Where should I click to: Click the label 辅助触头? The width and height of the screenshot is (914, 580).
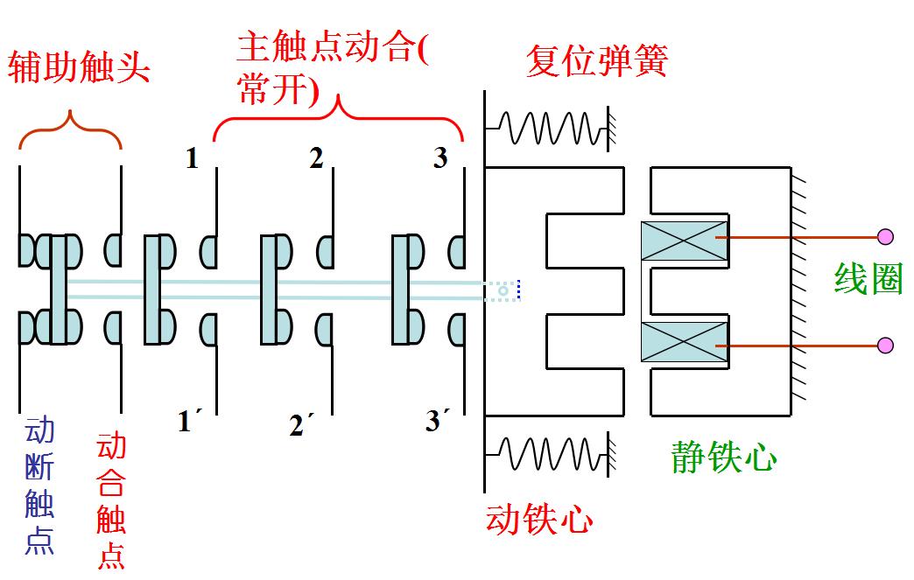click(79, 66)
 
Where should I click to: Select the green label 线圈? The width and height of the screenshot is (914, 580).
click(868, 279)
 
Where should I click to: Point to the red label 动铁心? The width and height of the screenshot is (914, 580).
click(539, 521)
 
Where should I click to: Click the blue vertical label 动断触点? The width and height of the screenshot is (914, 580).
click(39, 486)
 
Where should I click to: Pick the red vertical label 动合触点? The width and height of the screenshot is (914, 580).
click(111, 500)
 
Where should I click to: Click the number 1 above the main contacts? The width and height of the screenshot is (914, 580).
click(192, 158)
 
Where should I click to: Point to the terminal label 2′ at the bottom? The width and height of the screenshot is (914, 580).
click(301, 425)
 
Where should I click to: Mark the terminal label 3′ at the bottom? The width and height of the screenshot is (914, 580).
click(438, 422)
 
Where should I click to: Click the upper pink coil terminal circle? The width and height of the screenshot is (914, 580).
click(885, 236)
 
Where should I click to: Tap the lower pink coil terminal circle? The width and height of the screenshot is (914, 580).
click(885, 346)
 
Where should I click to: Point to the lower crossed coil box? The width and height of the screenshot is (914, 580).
click(685, 342)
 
